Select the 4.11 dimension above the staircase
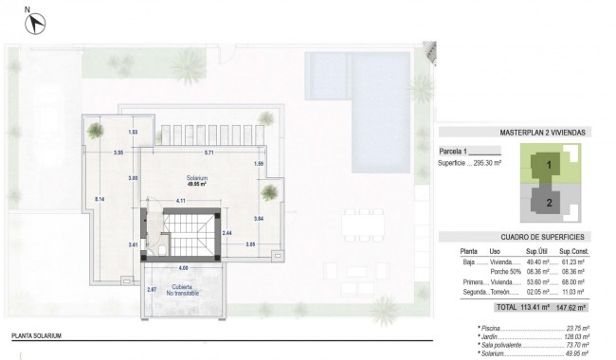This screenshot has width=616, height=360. (180, 201)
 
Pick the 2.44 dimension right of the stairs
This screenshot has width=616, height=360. (226, 232)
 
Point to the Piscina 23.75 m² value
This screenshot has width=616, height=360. (572, 327)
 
